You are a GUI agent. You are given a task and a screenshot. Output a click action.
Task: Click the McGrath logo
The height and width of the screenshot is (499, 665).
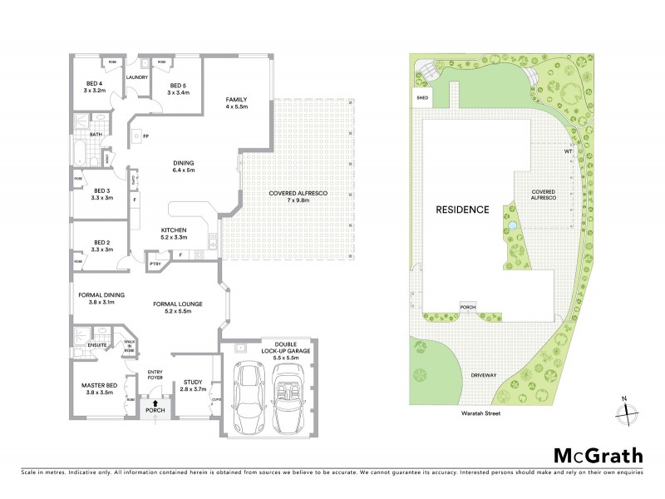coord(598,455)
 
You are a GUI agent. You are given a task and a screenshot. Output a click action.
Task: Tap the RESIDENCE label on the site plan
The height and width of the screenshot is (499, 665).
coord(463,210)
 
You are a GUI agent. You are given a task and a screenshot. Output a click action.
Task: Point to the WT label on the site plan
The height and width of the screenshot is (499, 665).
coord(569,151)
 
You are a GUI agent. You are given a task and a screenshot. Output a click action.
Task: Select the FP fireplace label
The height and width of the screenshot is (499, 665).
coord(145,136)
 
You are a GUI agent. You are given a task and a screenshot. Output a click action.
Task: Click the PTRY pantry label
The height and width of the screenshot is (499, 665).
coord(155,264)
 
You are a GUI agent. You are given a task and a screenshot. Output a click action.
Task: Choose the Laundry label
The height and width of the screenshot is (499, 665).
coord(137,77)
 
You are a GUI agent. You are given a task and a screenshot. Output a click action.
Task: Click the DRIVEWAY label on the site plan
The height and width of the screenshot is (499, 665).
coord(484,376)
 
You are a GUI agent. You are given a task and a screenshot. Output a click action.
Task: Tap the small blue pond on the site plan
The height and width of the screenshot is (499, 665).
coord(513,225)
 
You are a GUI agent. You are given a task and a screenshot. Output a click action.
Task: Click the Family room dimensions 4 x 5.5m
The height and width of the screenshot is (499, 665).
coord(237,107)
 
